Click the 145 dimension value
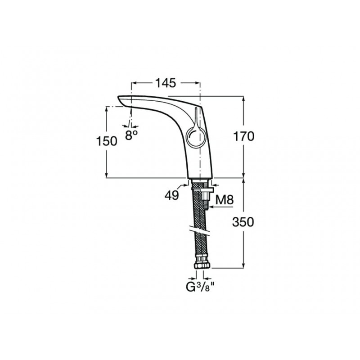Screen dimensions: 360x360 [166, 83]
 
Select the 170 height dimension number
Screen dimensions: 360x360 [244, 136]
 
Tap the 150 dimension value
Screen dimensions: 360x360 [107, 141]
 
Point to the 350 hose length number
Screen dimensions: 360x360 [243, 222]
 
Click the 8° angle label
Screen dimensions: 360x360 [131, 135]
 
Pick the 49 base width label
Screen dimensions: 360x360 [172, 195]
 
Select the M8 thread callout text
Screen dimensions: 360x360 [225, 200]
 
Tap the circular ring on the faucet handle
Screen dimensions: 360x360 [186, 138]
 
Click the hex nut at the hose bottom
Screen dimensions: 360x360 [202, 265]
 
